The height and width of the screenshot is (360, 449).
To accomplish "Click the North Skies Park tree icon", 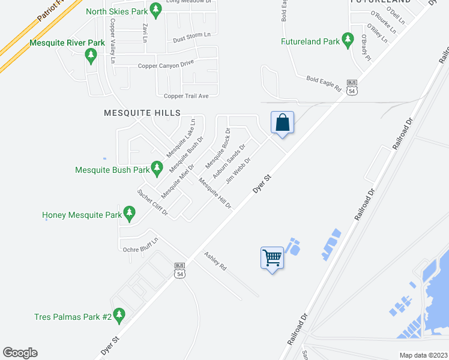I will [x=155, y=10].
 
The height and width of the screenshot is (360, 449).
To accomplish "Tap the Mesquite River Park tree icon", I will [x=91, y=56].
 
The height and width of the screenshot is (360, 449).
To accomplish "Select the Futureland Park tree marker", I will [x=348, y=40].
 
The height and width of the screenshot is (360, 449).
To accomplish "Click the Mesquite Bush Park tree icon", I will [x=157, y=167].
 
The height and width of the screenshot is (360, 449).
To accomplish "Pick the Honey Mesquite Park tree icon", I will [x=128, y=212].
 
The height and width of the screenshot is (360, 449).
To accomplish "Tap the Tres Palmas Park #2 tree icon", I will [x=119, y=314].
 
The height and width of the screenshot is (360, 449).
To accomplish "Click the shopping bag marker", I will [x=283, y=124].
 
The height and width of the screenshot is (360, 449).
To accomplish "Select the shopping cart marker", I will [x=272, y=259].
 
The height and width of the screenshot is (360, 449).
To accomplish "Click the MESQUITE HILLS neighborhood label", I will [x=142, y=113].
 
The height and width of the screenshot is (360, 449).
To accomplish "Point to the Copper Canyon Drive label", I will [x=166, y=66].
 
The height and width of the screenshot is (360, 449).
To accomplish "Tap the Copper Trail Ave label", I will [x=186, y=96].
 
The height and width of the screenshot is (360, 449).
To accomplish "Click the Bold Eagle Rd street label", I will [x=324, y=83].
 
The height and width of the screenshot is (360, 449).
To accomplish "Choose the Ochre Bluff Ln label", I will [x=140, y=245].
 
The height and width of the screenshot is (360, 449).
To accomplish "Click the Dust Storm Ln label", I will [x=191, y=37].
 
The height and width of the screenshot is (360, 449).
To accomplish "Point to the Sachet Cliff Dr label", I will [x=152, y=202].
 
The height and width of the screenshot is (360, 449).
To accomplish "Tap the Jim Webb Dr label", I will [x=238, y=171].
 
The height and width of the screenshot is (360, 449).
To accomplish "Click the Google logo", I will [x=20, y=353].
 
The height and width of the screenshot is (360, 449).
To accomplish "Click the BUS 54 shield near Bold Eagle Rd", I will [x=352, y=87].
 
